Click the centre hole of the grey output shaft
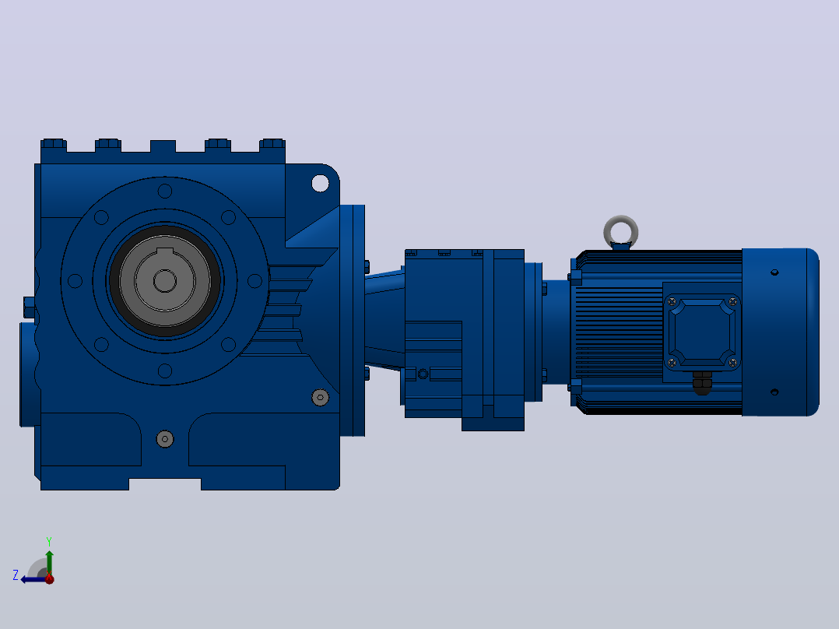click(x=165, y=280)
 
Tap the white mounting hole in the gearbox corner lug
click(x=320, y=183)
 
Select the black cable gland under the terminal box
click(x=702, y=383)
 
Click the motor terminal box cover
click(x=702, y=332)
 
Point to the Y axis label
click(x=49, y=541)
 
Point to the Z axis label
click(x=16, y=575)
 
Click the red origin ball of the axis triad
click(x=49, y=578)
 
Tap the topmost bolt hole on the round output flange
click(x=165, y=191)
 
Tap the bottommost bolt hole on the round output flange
click(x=165, y=371)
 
